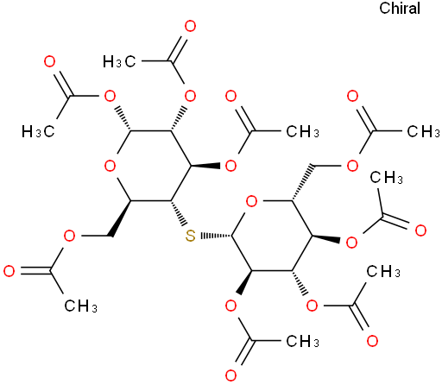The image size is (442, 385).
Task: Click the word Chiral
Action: [400, 8]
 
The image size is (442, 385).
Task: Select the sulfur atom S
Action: [190, 236]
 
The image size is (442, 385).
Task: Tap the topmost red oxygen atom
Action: [190, 26]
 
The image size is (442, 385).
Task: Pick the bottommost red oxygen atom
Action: [230, 376]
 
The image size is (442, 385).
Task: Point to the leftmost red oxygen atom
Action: [9, 271]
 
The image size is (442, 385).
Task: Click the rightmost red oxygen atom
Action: [420, 230]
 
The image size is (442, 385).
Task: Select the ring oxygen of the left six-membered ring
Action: [110, 166]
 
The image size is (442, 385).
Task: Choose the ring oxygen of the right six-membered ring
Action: [252, 201]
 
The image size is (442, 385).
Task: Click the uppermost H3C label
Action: [119, 61]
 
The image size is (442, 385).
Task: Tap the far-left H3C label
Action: [38, 132]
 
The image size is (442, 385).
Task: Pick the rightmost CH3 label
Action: [423, 131]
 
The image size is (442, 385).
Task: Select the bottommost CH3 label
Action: [302, 341]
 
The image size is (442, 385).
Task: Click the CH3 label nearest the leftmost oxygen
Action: [80, 306]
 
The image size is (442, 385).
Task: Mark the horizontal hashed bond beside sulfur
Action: [216, 236]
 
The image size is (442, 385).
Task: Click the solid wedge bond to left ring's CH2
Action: [120, 218]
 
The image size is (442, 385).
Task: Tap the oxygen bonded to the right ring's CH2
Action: [352, 166]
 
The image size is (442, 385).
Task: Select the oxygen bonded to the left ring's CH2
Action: [69, 236]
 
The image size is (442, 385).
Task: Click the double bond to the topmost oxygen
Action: [177, 48]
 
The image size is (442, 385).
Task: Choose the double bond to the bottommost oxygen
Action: [242, 353]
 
